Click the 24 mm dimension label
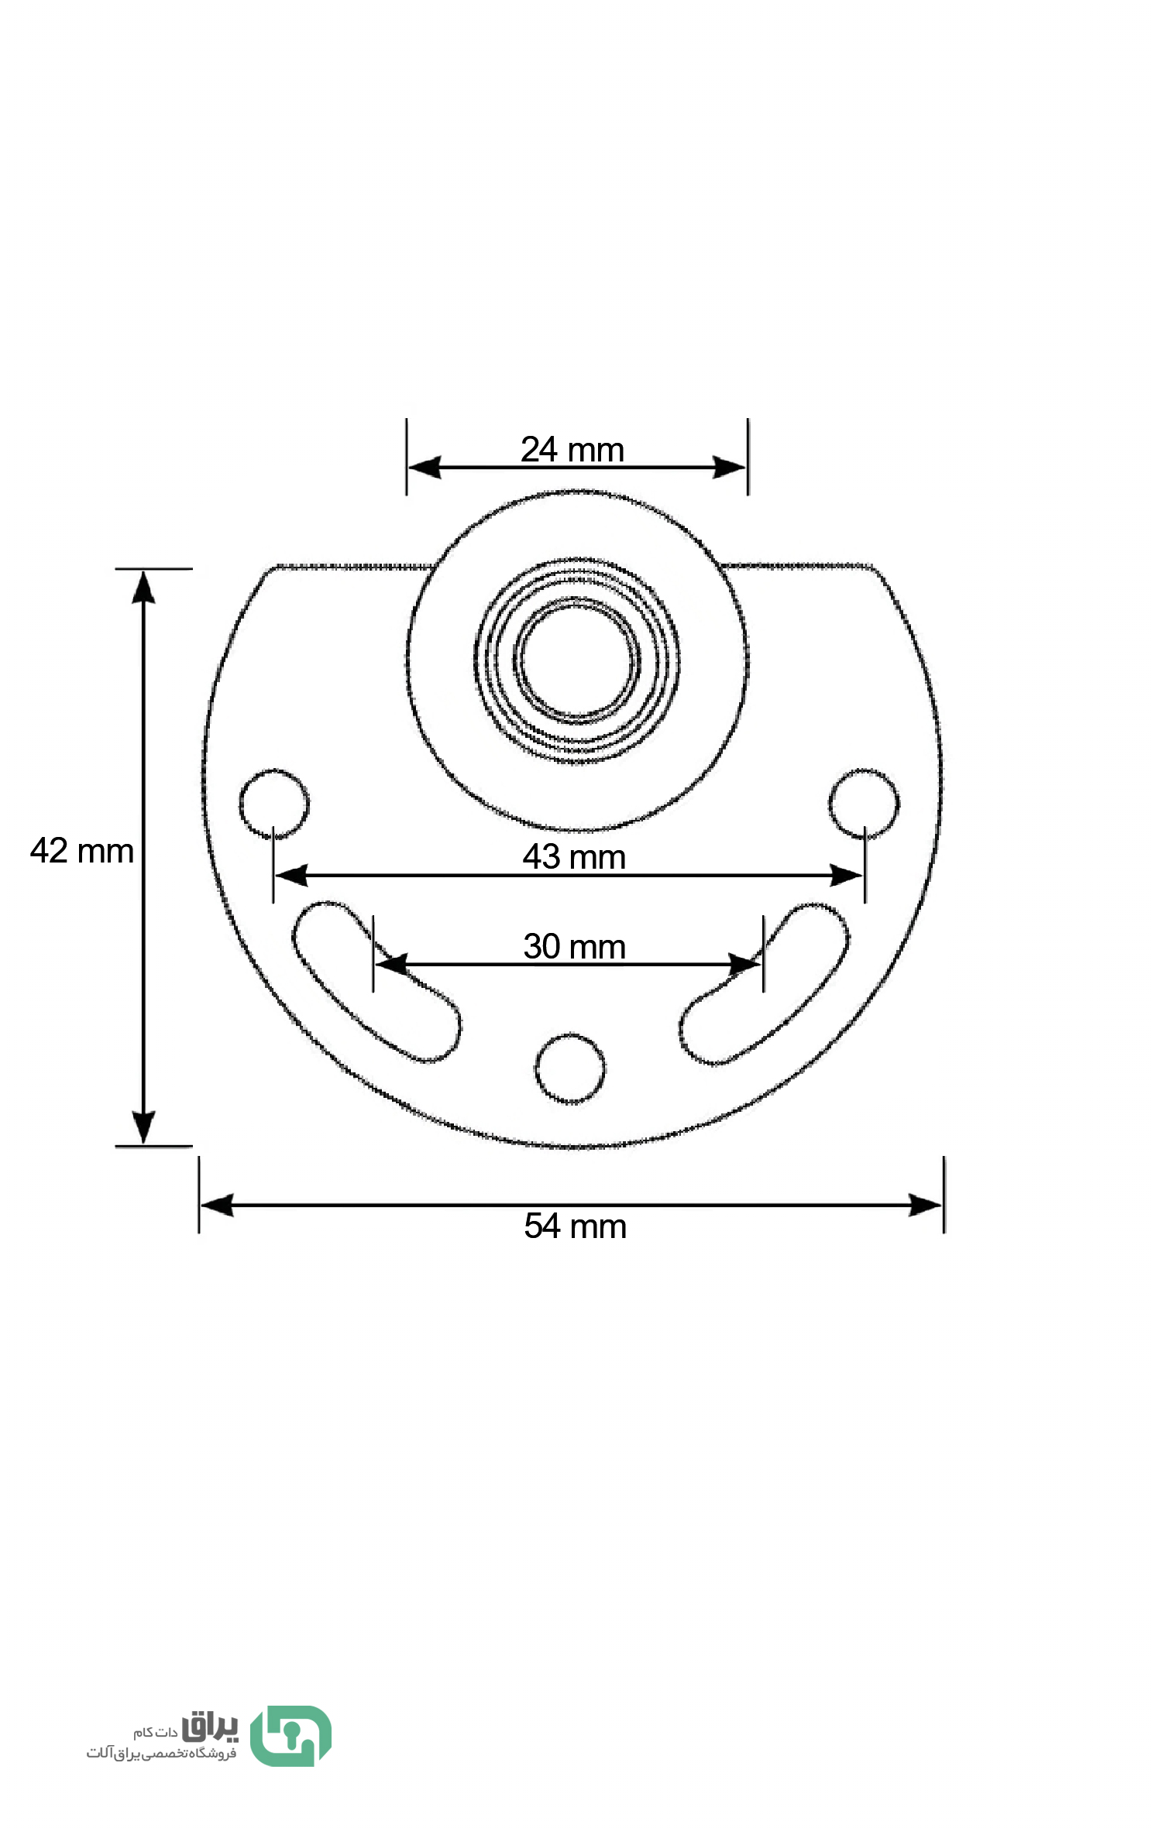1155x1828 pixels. pyautogui.click(x=572, y=449)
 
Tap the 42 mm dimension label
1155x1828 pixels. pyautogui.click(x=81, y=851)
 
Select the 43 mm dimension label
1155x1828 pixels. pyautogui.click(x=574, y=856)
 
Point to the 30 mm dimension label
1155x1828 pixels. pyautogui.click(x=574, y=946)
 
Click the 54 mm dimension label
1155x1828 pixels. pyautogui.click(x=575, y=1226)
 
